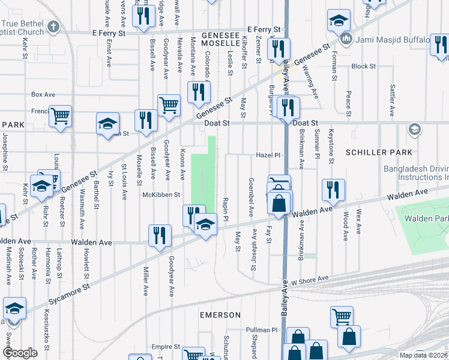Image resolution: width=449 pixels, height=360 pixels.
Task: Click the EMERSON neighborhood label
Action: point(220,315)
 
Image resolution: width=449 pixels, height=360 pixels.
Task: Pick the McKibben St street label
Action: point(161,194)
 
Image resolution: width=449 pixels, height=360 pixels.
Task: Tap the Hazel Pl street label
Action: point(269,155)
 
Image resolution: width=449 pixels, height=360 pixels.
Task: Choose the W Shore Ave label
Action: point(310,279)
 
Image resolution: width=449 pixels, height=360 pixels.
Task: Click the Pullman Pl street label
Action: point(263,330)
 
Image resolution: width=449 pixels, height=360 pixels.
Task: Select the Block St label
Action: point(363,67)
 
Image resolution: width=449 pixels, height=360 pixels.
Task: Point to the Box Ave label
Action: point(43,94)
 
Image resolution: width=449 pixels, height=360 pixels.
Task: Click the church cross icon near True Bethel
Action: point(53,27)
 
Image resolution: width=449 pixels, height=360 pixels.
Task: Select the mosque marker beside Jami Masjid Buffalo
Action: point(346,40)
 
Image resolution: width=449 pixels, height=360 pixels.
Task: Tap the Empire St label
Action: point(166,347)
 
